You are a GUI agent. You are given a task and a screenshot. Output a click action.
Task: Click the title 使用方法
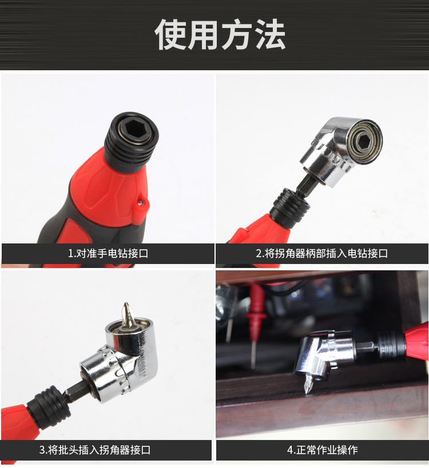point(220,34)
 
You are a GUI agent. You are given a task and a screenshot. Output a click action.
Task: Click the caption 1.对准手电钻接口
point(108,253)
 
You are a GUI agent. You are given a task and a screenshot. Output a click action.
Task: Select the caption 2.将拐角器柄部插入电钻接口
point(322,253)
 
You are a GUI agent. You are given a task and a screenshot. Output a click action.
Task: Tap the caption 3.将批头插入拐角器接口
point(95,450)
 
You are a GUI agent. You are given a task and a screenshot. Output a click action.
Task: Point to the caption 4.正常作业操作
point(323,450)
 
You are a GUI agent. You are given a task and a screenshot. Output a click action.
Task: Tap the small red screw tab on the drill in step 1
point(142,202)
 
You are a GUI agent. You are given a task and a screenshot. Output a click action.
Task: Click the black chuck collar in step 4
point(391,345)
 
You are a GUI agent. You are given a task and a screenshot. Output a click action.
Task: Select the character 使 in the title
point(170,34)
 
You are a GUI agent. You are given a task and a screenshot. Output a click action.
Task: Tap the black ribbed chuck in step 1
point(130,142)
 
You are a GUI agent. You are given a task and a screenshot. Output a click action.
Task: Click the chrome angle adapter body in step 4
point(325,355)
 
